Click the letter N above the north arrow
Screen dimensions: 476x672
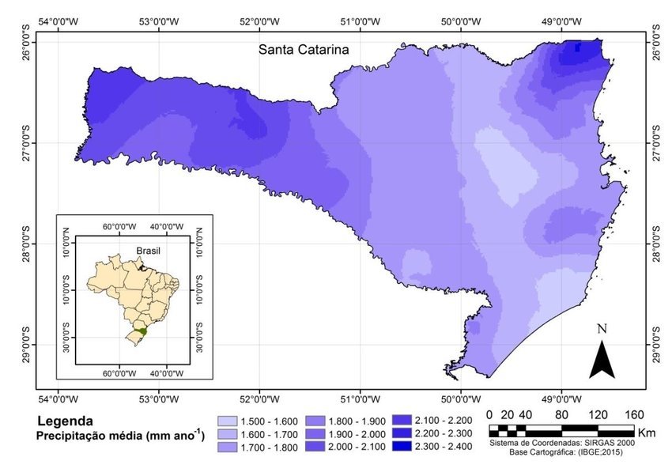click(602, 329)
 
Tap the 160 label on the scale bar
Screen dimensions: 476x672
click(633, 415)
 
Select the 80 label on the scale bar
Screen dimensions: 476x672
click(561, 415)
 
